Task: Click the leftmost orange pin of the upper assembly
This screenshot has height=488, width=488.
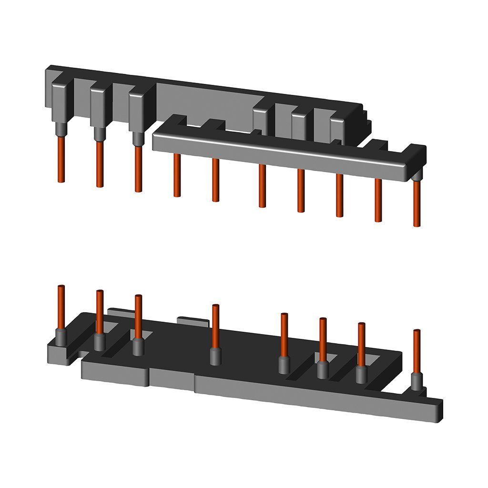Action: click(61, 160)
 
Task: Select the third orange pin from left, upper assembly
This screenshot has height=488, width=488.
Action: click(138, 169)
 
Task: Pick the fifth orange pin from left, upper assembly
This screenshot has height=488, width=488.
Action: click(215, 180)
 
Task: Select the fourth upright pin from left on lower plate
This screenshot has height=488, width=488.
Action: click(215, 326)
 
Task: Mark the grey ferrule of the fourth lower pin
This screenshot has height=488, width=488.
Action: click(215, 356)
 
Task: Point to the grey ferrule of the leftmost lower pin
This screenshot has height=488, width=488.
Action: click(61, 336)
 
